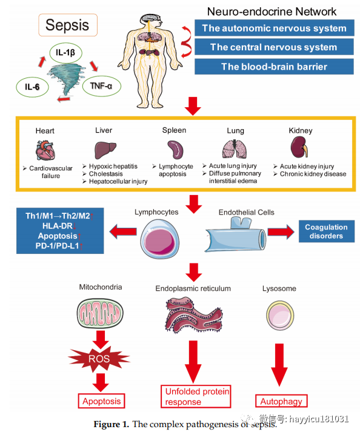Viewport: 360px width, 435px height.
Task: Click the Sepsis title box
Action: (x=68, y=25)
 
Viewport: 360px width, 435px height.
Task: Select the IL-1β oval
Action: (x=65, y=53)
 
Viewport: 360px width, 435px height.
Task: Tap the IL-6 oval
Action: (x=33, y=87)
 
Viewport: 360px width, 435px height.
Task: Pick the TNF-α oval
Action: (x=102, y=86)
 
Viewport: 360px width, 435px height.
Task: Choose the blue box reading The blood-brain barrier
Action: (x=274, y=67)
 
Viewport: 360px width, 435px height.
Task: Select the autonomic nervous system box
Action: (x=274, y=28)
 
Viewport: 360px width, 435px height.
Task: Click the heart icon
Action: (x=45, y=150)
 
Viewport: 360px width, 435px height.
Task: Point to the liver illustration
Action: (x=105, y=150)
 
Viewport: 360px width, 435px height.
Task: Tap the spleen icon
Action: (x=175, y=150)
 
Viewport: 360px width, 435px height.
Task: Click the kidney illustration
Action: (x=299, y=147)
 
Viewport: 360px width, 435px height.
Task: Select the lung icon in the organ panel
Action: (x=235, y=148)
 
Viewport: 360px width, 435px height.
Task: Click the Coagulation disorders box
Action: (x=327, y=231)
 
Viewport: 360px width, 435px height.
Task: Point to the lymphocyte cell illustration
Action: (x=159, y=239)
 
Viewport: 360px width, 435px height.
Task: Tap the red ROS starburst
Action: (x=99, y=359)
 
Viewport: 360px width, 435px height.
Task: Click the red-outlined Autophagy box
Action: (x=281, y=401)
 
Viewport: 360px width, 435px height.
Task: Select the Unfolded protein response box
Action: (x=196, y=396)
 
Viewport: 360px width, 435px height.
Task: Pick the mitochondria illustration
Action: (x=100, y=313)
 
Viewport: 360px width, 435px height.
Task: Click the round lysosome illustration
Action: (x=280, y=316)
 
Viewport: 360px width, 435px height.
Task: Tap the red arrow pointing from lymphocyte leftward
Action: (x=123, y=231)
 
